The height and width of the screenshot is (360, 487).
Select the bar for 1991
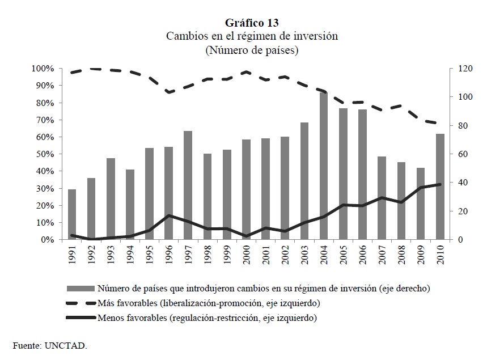pyautogui.click(x=72, y=214)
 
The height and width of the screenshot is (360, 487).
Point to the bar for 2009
pyautogui.click(x=420, y=204)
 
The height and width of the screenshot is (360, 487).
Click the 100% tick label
pyautogui.click(x=44, y=69)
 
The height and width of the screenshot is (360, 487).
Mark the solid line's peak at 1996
pyautogui.click(x=168, y=215)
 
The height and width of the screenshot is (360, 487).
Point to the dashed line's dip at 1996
pyautogui.click(x=168, y=92)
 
